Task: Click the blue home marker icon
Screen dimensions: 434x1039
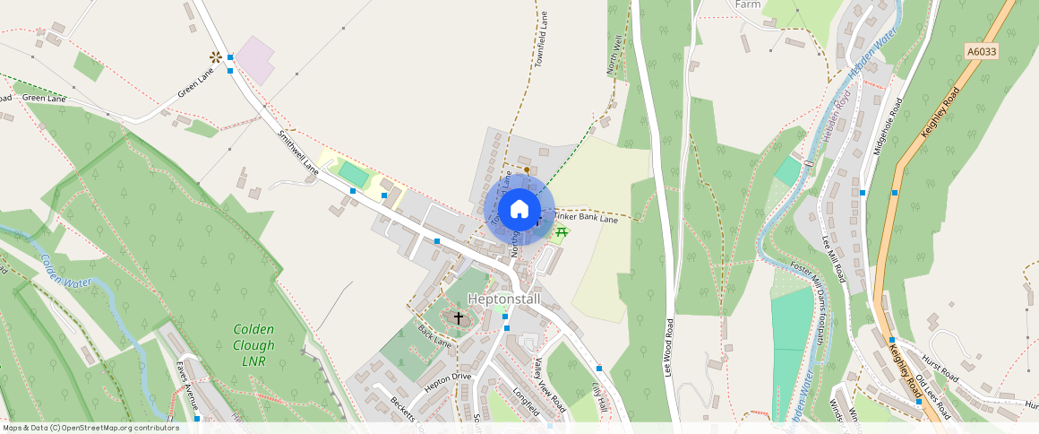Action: point(519,210)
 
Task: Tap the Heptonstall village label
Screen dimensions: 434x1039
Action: point(505,299)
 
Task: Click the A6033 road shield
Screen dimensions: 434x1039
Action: point(982,52)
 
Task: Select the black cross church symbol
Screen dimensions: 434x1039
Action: point(459,317)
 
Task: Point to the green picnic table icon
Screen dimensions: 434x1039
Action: point(562,232)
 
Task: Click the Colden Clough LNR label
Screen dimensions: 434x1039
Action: point(253,345)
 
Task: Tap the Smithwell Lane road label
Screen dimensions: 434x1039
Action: point(298,153)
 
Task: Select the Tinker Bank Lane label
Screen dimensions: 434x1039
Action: point(586,218)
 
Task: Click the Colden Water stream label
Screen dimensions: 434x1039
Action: point(65,272)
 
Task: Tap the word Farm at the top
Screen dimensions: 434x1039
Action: point(748,4)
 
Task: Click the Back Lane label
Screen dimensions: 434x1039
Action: point(434,336)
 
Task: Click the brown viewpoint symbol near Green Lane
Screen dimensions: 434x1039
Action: point(215,57)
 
